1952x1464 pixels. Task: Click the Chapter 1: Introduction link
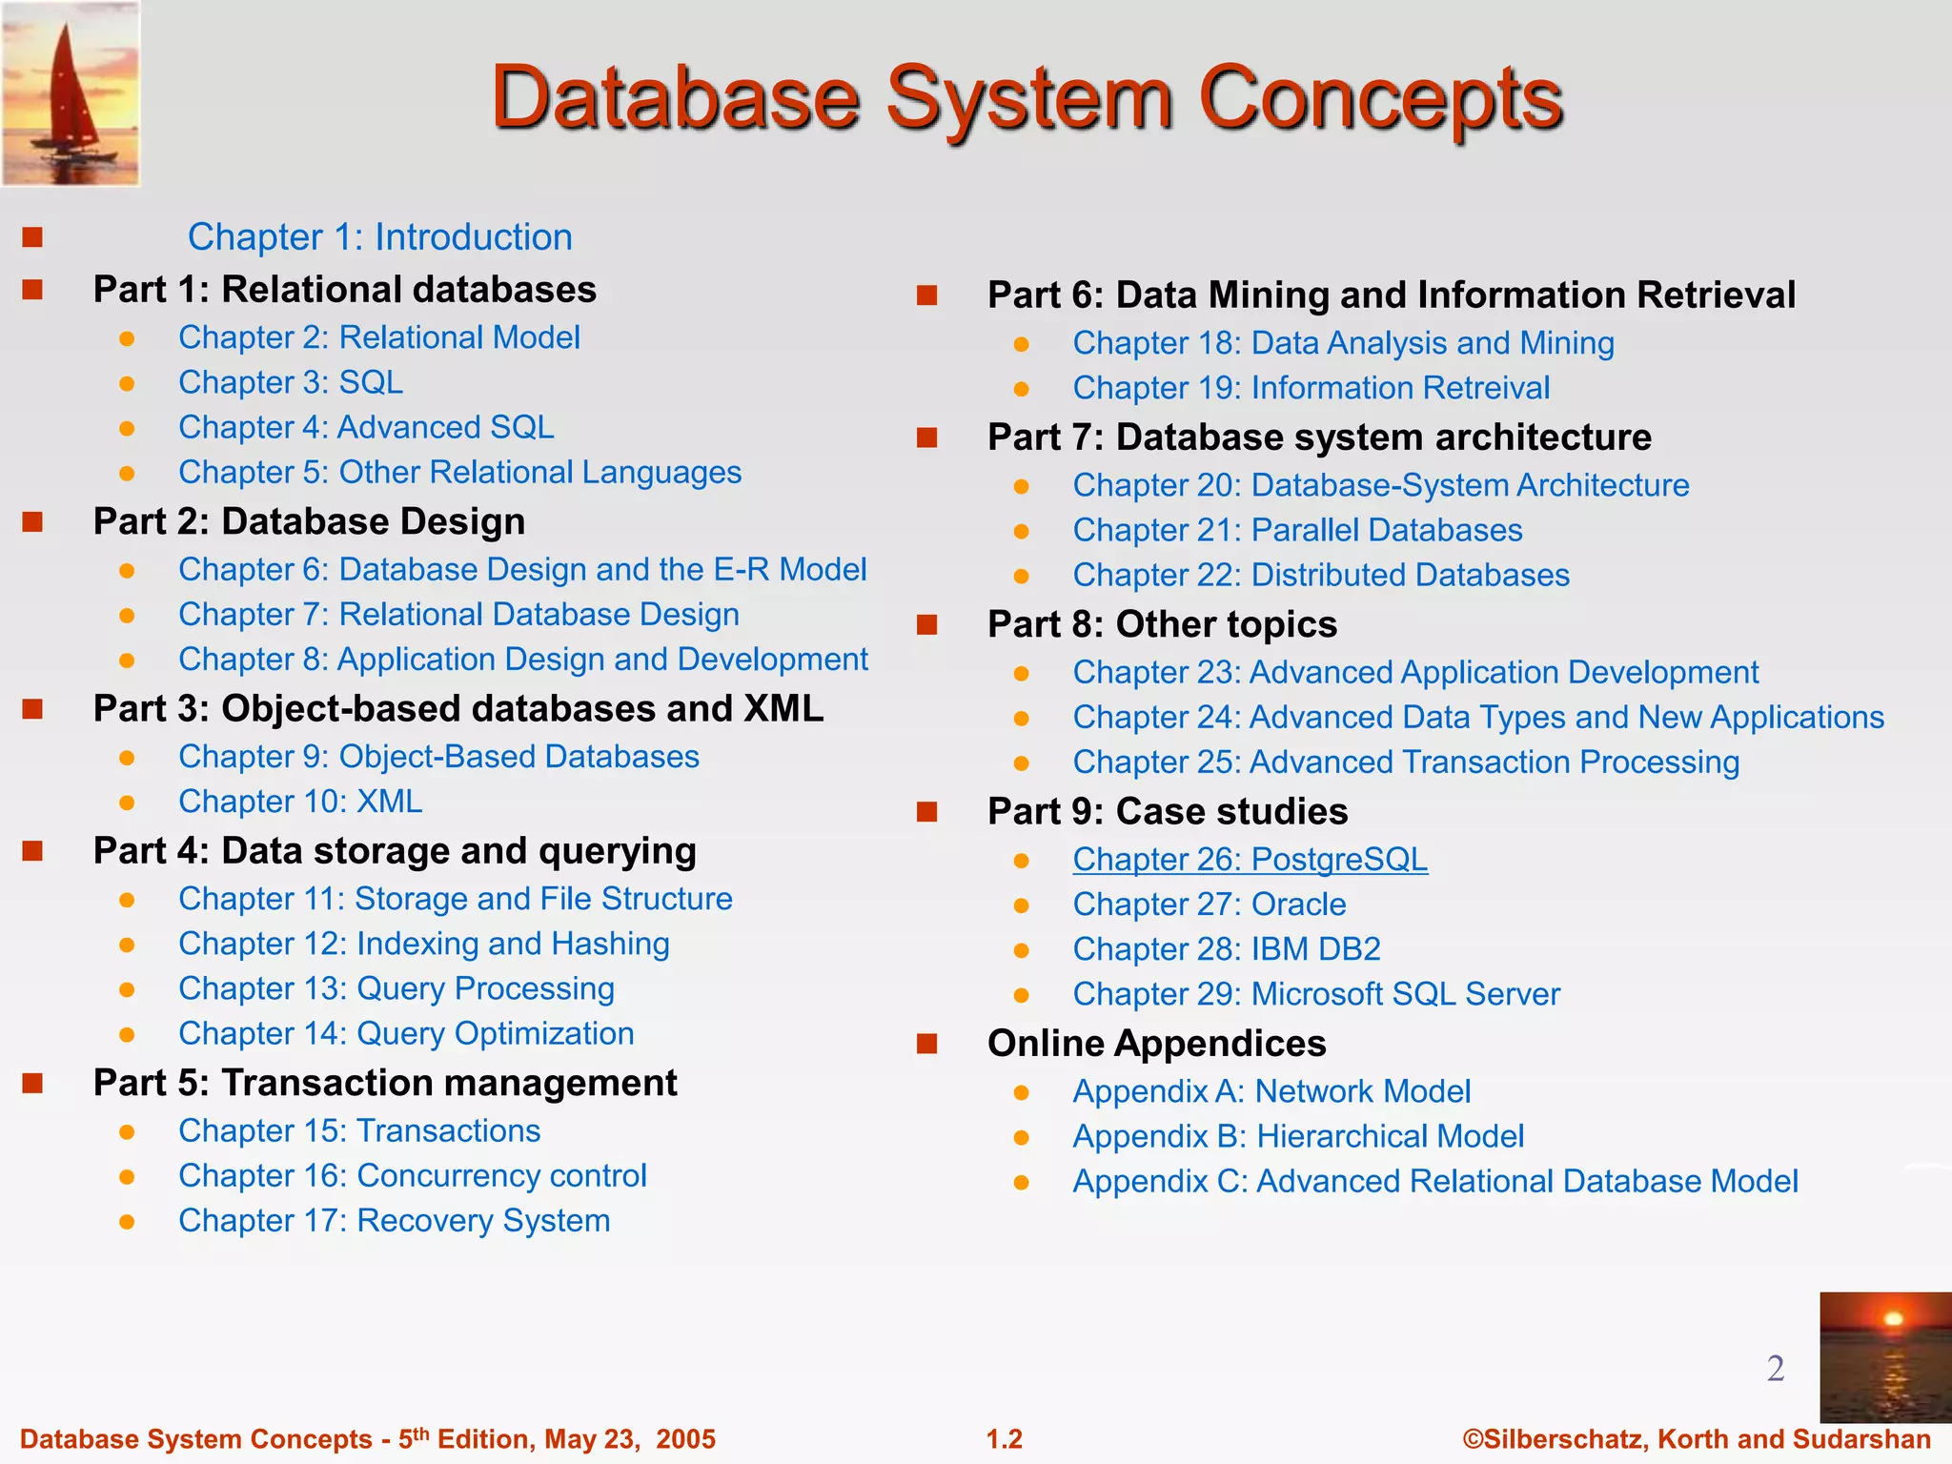[x=379, y=237]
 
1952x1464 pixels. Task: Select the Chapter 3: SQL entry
[x=291, y=382]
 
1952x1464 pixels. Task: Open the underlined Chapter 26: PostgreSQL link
[x=1250, y=860]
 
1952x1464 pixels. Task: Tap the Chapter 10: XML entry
[x=300, y=802]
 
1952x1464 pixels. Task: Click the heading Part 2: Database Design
[x=309, y=521]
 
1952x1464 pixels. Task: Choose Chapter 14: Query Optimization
[x=406, y=1033]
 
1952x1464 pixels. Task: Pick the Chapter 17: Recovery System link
[x=394, y=1220]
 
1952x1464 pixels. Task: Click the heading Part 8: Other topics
[x=1162, y=624]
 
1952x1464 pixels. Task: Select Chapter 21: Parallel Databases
[x=1297, y=530]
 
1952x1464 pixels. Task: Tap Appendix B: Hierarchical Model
[x=1298, y=1136]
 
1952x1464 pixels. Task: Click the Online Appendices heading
[x=1156, y=1043]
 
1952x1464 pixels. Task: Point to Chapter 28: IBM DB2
[x=1227, y=949]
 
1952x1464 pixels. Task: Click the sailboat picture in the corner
[x=71, y=92]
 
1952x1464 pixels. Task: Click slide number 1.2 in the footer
[x=1004, y=1439]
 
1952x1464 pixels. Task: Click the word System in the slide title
[x=1029, y=99]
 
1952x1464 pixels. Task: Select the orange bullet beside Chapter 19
[x=1022, y=389]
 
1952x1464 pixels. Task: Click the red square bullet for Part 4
[x=33, y=851]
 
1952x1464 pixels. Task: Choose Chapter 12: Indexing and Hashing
[x=424, y=944]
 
